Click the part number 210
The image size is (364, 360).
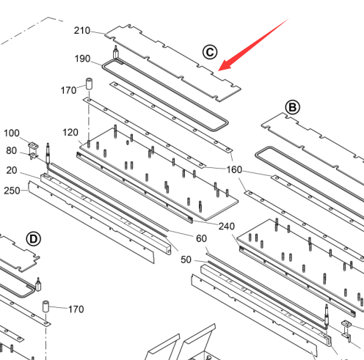point(82,31)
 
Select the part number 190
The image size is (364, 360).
point(82,59)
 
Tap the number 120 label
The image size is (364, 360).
point(70,133)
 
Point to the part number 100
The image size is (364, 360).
point(12,133)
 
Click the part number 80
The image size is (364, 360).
point(12,151)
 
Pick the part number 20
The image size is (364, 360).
point(12,170)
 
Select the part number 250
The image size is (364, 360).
point(12,191)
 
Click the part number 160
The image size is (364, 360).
point(234,169)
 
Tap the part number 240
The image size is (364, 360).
point(227,227)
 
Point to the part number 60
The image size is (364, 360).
point(201,238)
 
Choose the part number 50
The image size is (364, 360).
point(186,260)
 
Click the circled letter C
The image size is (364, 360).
point(210,52)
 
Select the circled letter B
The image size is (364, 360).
point(293,107)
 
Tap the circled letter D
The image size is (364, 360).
point(34,239)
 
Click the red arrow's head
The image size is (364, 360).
point(224,65)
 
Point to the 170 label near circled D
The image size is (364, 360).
point(76,309)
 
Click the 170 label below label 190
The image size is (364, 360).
point(68,90)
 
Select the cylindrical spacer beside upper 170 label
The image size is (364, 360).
point(89,84)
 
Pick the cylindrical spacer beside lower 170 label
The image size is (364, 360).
point(45,306)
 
